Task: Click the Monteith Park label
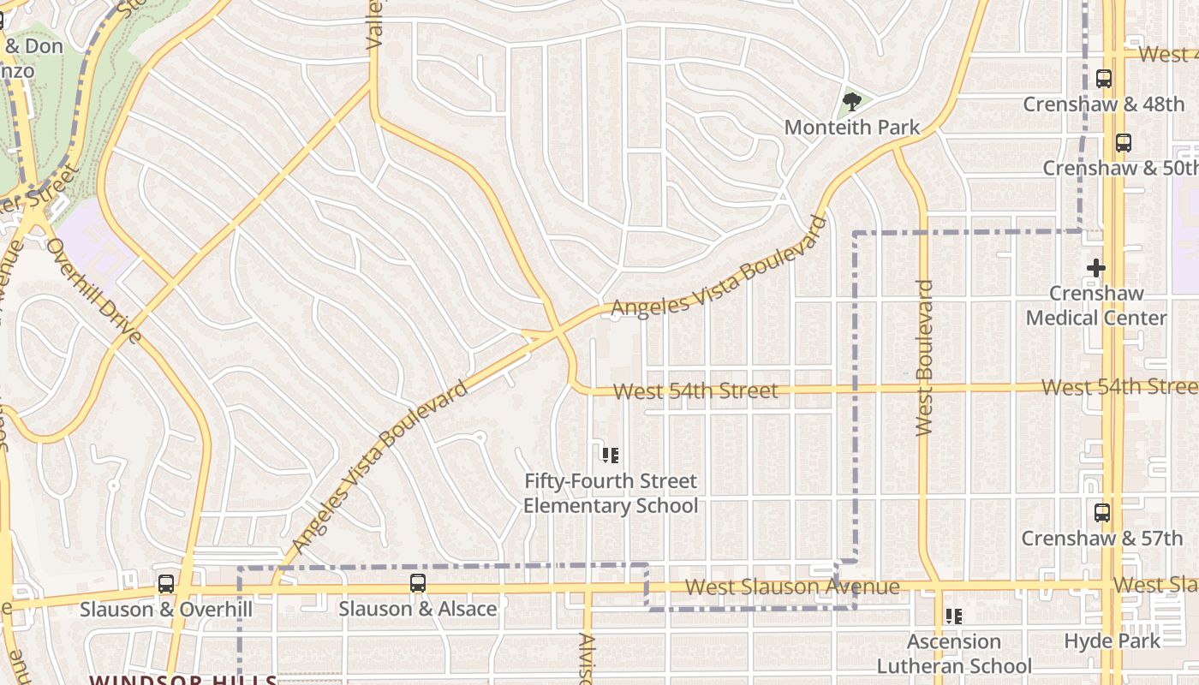click(x=852, y=128)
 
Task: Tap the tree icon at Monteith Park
click(x=851, y=103)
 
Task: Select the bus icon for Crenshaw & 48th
click(x=1104, y=79)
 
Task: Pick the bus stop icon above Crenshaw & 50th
click(x=1123, y=143)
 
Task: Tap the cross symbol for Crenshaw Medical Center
click(x=1095, y=268)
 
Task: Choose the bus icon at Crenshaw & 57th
click(x=1102, y=513)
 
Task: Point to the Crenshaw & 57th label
click(x=1101, y=539)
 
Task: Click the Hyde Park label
click(x=1112, y=640)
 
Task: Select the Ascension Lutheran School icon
click(x=953, y=616)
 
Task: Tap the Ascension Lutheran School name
click(x=954, y=653)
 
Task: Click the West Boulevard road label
click(x=924, y=358)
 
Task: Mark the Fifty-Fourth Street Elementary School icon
click(x=610, y=456)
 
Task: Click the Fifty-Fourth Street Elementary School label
click(x=611, y=493)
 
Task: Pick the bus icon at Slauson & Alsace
click(x=417, y=583)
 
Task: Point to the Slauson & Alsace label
click(x=418, y=609)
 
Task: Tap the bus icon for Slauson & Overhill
click(x=166, y=584)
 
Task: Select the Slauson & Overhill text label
click(x=166, y=609)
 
